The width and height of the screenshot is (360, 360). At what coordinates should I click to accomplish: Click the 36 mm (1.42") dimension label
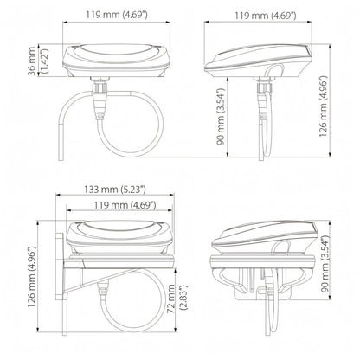click(x=38, y=61)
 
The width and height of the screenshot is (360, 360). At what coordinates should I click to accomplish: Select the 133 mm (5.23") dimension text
click(x=115, y=190)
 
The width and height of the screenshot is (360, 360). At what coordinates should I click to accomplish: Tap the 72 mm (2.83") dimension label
click(x=177, y=299)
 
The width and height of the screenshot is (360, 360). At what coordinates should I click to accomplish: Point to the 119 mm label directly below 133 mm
click(x=125, y=205)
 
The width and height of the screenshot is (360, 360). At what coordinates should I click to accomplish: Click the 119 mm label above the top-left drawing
click(x=117, y=15)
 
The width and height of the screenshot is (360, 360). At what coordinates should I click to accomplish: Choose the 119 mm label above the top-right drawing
click(x=266, y=16)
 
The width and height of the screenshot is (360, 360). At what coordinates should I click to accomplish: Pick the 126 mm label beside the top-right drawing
click(x=323, y=106)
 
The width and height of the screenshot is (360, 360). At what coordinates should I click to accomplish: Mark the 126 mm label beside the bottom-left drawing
click(x=32, y=277)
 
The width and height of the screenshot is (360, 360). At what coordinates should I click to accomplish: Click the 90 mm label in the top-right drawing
click(x=221, y=117)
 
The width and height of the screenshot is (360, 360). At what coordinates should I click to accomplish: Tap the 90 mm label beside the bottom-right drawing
click(x=325, y=264)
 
